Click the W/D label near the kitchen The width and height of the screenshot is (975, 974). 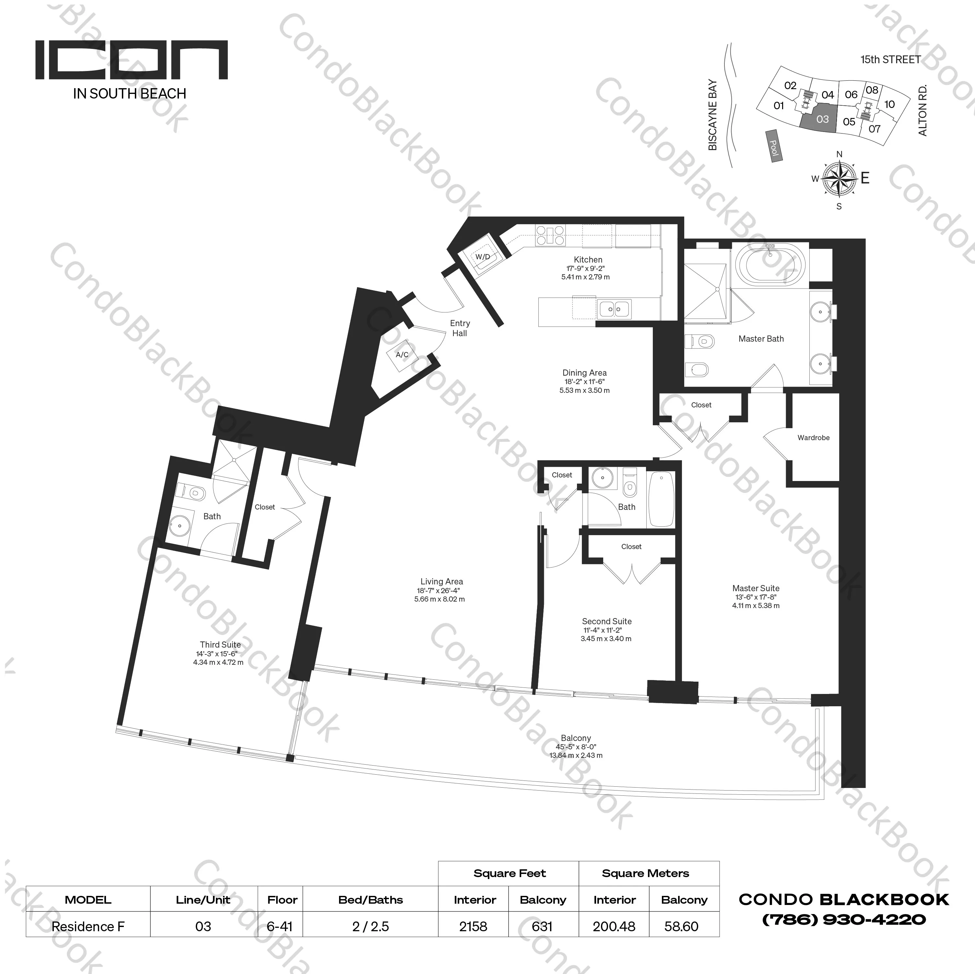tap(482, 257)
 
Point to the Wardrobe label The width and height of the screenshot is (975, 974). tap(813, 438)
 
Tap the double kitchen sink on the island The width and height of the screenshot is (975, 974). tap(614, 308)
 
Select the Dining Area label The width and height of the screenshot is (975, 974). tap(584, 373)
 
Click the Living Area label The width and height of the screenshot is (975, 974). tap(441, 581)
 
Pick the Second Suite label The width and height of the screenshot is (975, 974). tap(606, 621)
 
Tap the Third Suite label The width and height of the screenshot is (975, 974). tap(220, 644)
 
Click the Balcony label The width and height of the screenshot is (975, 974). tap(576, 738)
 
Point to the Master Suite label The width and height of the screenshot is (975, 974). tap(756, 588)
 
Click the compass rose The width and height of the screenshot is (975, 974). tap(839, 178)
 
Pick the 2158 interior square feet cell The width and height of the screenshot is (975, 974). tap(473, 927)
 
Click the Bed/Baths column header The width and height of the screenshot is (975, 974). tap(370, 900)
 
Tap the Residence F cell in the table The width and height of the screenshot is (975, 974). tap(88, 927)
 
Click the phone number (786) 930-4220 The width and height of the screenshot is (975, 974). tap(844, 920)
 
